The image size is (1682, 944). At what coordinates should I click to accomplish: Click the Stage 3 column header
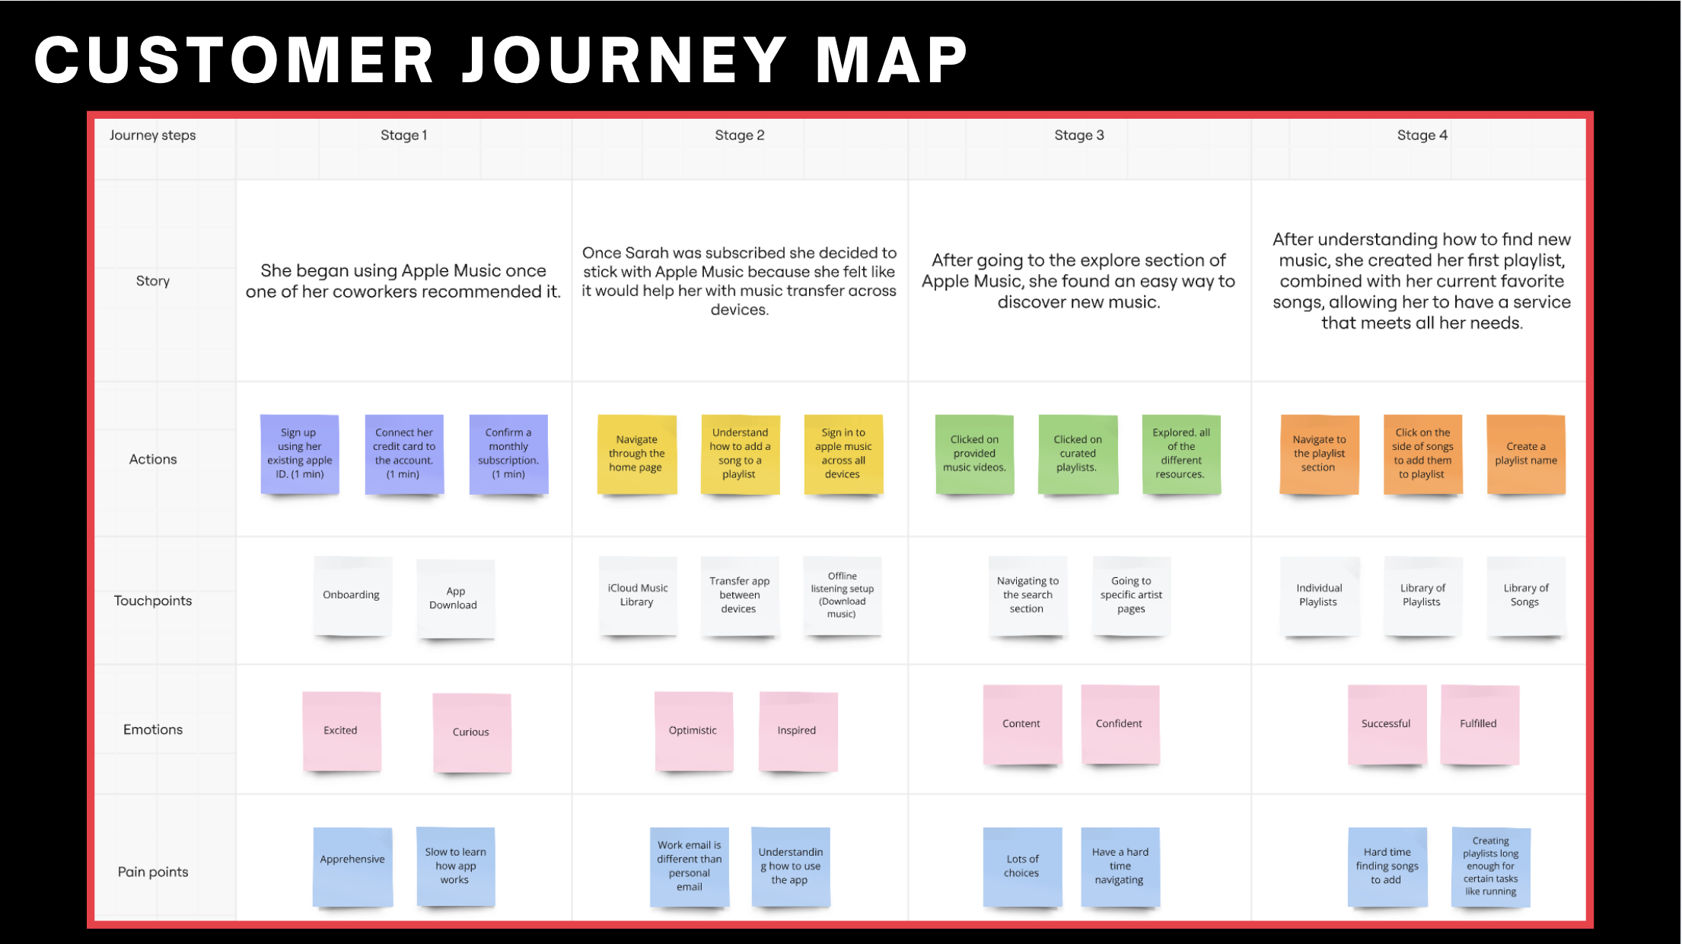1078,136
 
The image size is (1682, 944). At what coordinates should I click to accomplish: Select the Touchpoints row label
152,601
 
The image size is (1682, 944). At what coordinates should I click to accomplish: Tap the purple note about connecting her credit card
404,454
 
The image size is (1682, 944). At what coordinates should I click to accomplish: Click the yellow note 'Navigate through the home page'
637,454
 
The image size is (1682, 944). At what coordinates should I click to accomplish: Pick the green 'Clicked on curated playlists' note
1078,454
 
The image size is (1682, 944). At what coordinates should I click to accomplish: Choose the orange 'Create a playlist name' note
1525,454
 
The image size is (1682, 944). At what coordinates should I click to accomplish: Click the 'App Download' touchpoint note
454,598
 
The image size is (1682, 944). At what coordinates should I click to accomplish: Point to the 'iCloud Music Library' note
637,595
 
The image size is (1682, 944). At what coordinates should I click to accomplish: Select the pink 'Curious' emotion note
471,732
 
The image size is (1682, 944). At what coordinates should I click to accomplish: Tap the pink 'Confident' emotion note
1120,724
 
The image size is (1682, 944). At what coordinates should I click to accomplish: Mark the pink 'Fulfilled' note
1479,724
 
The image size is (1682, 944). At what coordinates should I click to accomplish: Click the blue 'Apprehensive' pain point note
352,866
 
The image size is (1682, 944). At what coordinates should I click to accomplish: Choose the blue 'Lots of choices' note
1022,866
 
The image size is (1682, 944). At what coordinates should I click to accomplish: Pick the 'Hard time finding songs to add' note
1387,866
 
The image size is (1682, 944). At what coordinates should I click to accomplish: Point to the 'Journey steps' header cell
152,136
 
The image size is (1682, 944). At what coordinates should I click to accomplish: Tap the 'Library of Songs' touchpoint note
1525,595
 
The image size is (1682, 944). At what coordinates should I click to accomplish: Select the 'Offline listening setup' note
842,595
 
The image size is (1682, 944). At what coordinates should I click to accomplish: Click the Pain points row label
152,872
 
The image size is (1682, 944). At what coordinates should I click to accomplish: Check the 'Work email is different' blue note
690,866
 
